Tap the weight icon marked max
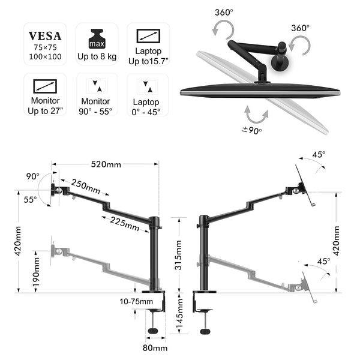[97, 38]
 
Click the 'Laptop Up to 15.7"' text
[147, 56]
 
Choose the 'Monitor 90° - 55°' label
[96, 106]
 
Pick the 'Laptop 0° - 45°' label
[147, 106]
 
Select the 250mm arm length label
[86, 186]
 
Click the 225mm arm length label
[124, 224]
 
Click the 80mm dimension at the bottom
[155, 347]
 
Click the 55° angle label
[30, 199]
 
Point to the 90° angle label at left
[32, 176]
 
